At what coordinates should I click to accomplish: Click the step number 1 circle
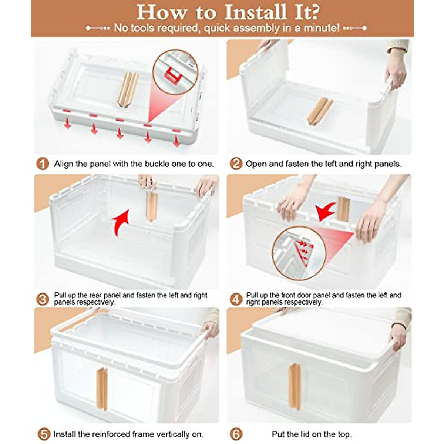[x=43, y=164]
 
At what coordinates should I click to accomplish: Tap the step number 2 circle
[x=236, y=164]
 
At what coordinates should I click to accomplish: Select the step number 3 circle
[x=43, y=299]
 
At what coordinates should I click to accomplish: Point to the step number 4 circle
[x=236, y=299]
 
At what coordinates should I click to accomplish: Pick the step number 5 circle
[x=44, y=434]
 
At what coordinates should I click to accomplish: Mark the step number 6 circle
[x=236, y=434]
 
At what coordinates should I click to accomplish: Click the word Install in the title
[x=256, y=12]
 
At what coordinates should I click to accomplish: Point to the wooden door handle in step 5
[x=102, y=389]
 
